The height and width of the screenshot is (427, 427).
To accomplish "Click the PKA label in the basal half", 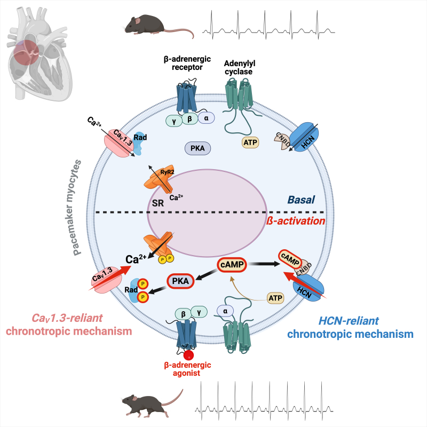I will (195, 147).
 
